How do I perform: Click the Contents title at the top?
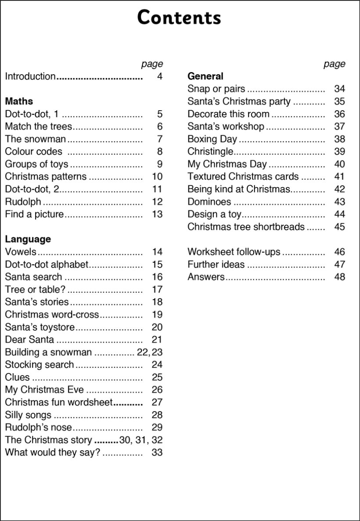tap(179, 18)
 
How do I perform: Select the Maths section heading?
tap(19, 101)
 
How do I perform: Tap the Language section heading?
tap(28, 239)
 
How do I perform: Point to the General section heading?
tap(205, 76)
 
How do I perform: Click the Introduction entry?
tap(30, 76)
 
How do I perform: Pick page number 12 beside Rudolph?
tap(157, 202)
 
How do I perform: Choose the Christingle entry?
tap(210, 152)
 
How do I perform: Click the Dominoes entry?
tap(209, 202)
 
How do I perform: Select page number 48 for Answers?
tap(339, 277)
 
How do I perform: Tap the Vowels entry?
tap(21, 252)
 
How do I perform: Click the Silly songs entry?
tap(28, 415)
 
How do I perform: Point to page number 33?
tap(157, 452)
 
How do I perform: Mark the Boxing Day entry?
tap(212, 139)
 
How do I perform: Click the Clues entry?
tap(17, 377)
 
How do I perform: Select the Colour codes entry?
tap(33, 152)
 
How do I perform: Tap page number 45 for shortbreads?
tap(339, 227)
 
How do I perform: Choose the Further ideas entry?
tap(216, 264)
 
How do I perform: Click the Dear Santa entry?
tap(29, 340)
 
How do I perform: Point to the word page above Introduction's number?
tap(152, 64)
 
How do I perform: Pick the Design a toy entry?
tap(214, 214)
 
